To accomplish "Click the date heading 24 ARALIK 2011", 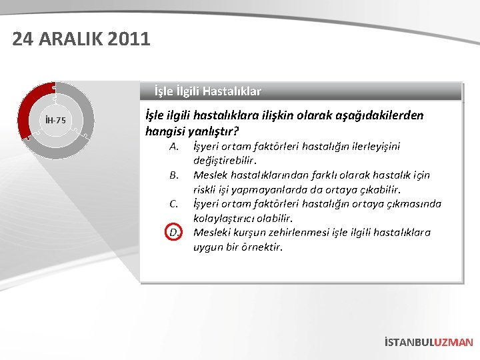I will pyautogui.click(x=81, y=39).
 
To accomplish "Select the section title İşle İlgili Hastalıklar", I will pyautogui.click(x=207, y=91).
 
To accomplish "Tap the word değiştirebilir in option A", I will pyautogui.click(x=223, y=160).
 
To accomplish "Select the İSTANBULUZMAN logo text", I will pyautogui.click(x=429, y=342).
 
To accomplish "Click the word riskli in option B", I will pyautogui.click(x=207, y=189).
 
